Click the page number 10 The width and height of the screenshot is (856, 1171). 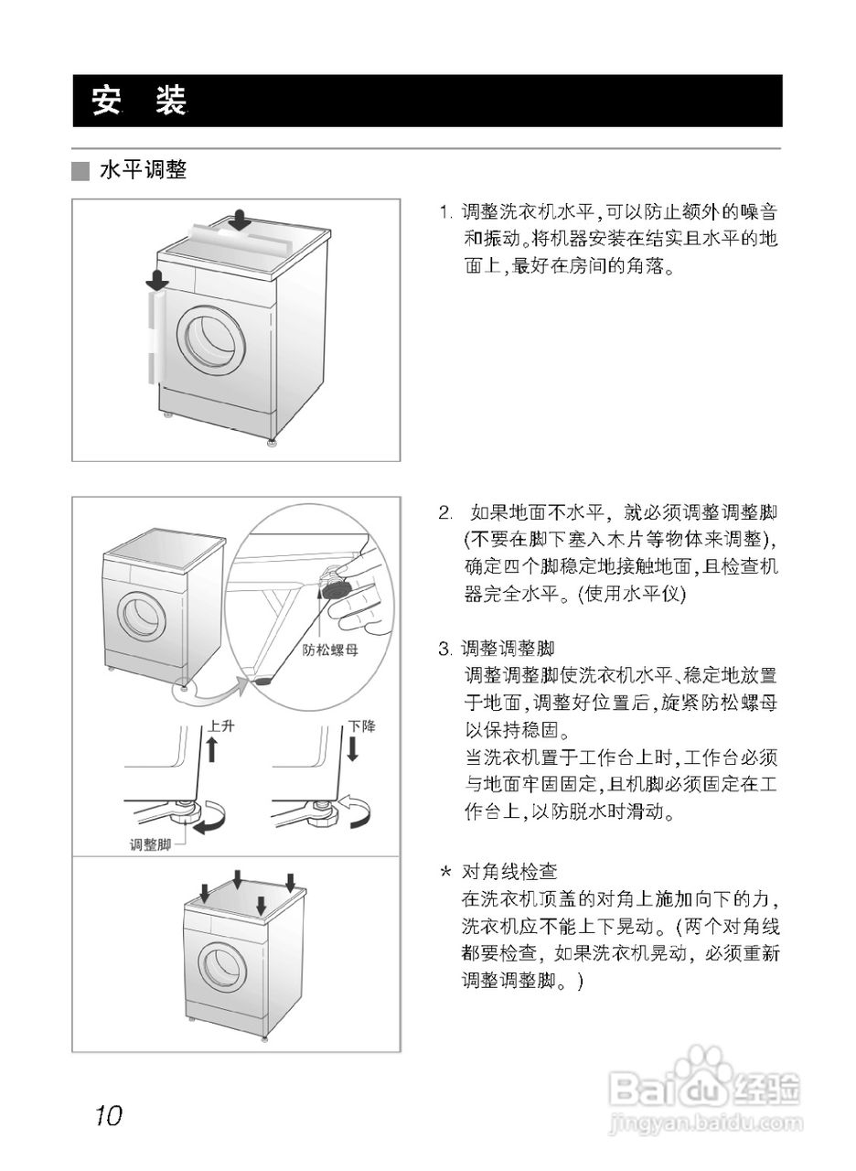pyautogui.click(x=107, y=1115)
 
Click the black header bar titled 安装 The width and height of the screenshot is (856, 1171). pyautogui.click(x=427, y=101)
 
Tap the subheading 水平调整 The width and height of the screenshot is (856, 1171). pyautogui.click(x=144, y=171)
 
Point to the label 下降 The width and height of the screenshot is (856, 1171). pyautogui.click(x=361, y=725)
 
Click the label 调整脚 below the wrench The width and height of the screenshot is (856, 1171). pyautogui.click(x=150, y=844)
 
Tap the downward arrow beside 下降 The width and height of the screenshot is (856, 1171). pyautogui.click(x=352, y=748)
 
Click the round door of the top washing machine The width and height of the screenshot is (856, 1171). pyautogui.click(x=213, y=338)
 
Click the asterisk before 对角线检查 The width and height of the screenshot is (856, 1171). pyautogui.click(x=445, y=872)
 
